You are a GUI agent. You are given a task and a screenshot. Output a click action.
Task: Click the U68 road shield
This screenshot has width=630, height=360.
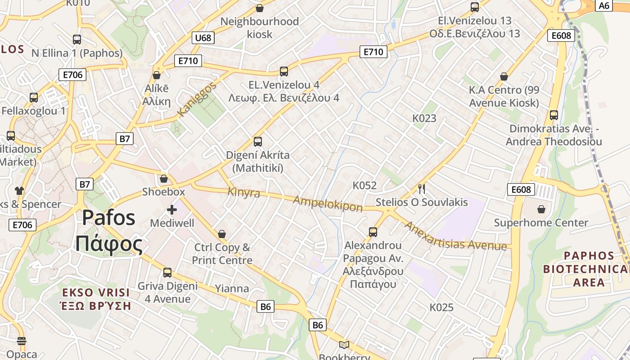[x=203, y=38]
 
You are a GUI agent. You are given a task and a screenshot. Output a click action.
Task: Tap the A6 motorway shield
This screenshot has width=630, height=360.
[x=604, y=5]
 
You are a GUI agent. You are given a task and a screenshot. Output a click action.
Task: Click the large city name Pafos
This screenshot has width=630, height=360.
[x=108, y=218]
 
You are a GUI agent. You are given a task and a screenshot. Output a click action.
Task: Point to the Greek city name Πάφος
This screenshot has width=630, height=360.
[x=108, y=243]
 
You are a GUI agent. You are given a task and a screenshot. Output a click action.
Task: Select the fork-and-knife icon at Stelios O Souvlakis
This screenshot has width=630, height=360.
[x=422, y=189]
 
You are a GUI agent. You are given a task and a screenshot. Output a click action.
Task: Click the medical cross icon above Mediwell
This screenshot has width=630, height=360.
[x=171, y=209]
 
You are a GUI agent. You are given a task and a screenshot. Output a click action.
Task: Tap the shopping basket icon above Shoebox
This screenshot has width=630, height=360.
[x=163, y=179]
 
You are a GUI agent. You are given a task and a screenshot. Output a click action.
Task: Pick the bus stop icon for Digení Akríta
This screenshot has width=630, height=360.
[x=258, y=142]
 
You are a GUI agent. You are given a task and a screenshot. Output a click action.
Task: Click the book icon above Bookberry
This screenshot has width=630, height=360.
[x=344, y=345]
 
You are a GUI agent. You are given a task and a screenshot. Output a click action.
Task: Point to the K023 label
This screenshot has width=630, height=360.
[x=424, y=118]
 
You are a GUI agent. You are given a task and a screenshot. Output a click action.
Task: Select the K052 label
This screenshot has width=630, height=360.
[x=364, y=185]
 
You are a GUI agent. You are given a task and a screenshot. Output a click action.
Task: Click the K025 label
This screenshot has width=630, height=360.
[x=441, y=308]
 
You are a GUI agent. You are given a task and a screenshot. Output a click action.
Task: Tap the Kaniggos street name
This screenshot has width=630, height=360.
[x=197, y=99]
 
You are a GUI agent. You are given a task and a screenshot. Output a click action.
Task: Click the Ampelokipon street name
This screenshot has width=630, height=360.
[x=328, y=203]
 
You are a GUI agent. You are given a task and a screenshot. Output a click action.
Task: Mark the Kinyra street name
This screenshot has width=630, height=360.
[x=243, y=192]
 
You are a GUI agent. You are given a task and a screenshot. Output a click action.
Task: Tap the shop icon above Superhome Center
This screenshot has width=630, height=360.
[x=541, y=209]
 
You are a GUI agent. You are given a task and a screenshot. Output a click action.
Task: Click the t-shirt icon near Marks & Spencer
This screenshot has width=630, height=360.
[x=19, y=190]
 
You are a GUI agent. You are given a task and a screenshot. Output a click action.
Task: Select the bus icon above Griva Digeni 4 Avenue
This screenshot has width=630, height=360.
[x=167, y=272]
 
